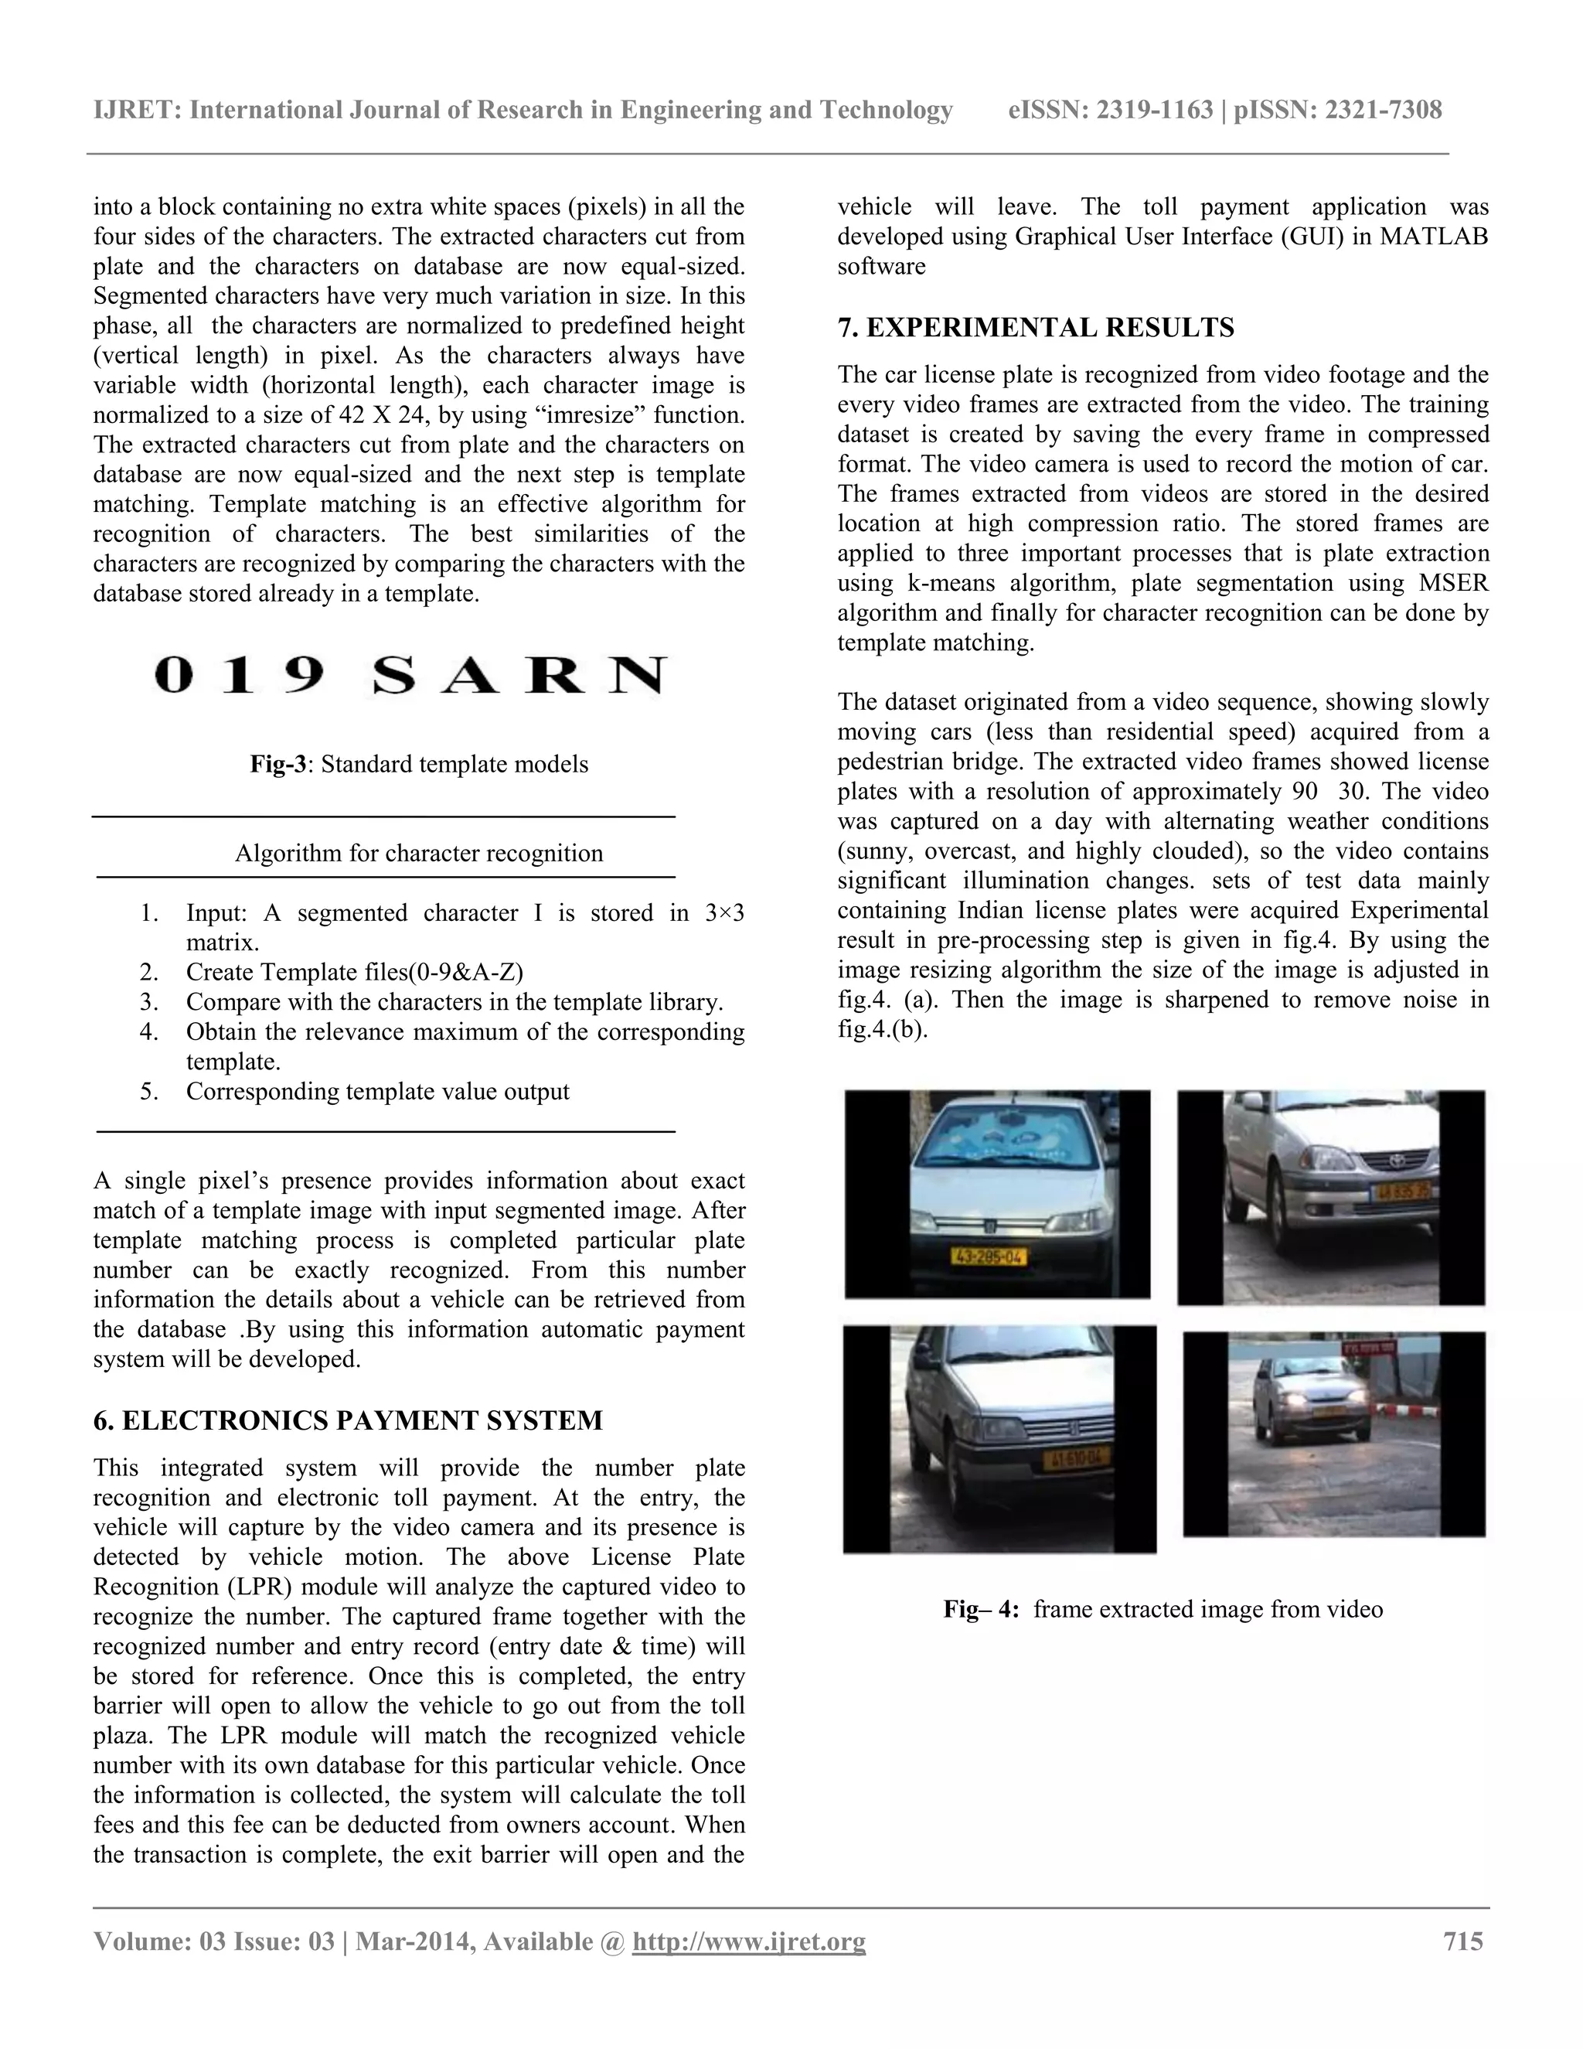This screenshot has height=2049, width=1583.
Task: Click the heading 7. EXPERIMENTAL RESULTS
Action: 1035,327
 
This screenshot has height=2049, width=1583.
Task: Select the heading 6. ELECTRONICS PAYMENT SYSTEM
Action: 347,1420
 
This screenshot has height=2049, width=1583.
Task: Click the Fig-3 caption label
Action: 277,764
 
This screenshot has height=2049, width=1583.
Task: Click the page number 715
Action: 1463,1941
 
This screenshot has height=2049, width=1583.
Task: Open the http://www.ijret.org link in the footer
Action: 748,1941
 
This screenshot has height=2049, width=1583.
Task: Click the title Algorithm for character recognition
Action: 418,853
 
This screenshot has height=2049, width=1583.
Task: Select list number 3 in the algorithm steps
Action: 149,1002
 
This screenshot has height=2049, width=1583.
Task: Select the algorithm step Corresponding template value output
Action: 377,1091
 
